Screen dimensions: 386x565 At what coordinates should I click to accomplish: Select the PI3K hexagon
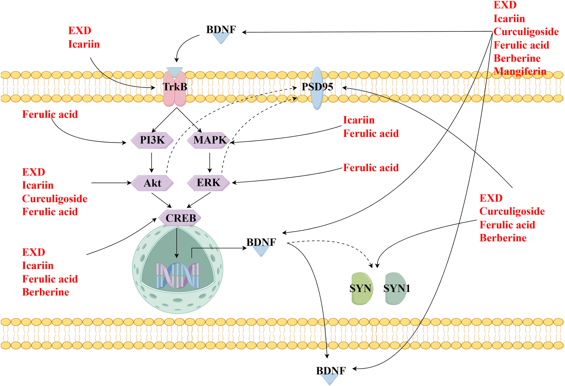coord(152,140)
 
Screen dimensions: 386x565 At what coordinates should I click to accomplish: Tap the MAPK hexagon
coord(209,140)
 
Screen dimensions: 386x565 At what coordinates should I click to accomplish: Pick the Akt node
coord(152,183)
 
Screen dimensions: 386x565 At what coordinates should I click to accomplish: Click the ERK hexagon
coord(208,183)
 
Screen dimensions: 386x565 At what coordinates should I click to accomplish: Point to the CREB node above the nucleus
coord(180,218)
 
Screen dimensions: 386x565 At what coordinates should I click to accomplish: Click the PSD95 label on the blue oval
coord(317,87)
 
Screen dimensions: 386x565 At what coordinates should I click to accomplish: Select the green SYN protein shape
coord(361,289)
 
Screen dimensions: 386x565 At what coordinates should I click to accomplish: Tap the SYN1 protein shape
coord(396,289)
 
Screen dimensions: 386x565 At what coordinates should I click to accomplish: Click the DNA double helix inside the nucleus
coord(178,275)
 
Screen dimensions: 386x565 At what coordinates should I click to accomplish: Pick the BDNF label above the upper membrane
coord(221,30)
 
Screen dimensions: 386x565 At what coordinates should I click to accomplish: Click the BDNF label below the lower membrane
coord(331,371)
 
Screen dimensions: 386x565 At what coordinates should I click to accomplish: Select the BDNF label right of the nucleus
coord(261,242)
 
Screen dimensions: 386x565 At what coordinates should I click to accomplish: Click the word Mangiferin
coord(520,71)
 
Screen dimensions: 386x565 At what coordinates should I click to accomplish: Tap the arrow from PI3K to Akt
coord(152,162)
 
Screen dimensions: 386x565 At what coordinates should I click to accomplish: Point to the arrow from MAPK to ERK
coord(210,162)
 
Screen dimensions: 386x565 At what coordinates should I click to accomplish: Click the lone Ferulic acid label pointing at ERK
coord(371,168)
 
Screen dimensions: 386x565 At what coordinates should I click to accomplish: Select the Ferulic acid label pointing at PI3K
coord(50,114)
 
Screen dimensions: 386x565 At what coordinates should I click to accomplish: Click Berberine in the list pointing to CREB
coord(46,292)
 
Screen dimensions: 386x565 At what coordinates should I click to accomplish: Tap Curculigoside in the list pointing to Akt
coord(54,199)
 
